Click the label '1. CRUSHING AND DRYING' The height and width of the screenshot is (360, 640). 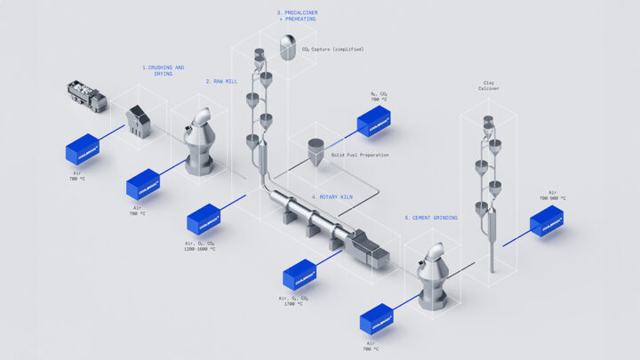pyautogui.click(x=164, y=70)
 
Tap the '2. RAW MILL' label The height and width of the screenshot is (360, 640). pyautogui.click(x=220, y=81)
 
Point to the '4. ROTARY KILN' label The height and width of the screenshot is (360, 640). pyautogui.click(x=330, y=196)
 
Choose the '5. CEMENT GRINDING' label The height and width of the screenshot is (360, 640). pyautogui.click(x=432, y=218)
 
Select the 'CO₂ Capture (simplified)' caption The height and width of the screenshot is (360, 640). pyautogui.click(x=334, y=49)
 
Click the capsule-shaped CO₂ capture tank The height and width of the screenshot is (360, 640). pyautogui.click(x=289, y=46)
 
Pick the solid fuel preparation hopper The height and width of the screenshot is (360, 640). pyautogui.click(x=315, y=150)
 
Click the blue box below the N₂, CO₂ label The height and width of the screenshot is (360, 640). pyautogui.click(x=375, y=122)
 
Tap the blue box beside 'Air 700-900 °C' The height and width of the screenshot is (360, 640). pyautogui.click(x=547, y=222)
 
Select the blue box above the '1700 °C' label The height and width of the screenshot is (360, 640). pyautogui.click(x=299, y=274)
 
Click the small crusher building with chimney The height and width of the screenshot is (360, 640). pyautogui.click(x=140, y=120)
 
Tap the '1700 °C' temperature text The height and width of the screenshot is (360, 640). pyautogui.click(x=295, y=304)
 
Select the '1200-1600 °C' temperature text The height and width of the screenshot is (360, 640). pyautogui.click(x=200, y=249)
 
